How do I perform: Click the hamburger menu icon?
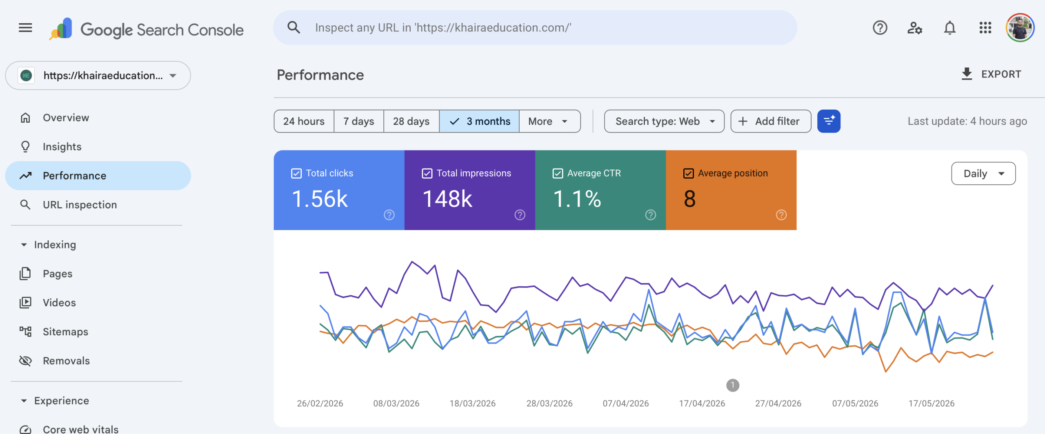click(25, 28)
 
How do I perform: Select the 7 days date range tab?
click(358, 121)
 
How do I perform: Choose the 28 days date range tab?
click(411, 121)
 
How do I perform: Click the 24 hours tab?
click(304, 121)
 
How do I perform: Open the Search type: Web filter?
click(664, 121)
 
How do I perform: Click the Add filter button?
click(771, 121)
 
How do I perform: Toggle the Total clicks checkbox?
click(296, 173)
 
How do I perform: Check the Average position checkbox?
click(688, 173)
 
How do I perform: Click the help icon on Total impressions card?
click(520, 215)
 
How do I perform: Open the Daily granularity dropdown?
click(983, 173)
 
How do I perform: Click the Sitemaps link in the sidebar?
click(65, 332)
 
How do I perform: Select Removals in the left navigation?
click(66, 361)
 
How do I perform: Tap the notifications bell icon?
click(950, 28)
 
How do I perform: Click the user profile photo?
click(1020, 28)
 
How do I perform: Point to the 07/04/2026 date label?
click(626, 403)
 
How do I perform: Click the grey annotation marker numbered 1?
click(733, 385)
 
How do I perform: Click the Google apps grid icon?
click(985, 28)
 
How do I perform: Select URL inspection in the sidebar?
click(80, 204)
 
